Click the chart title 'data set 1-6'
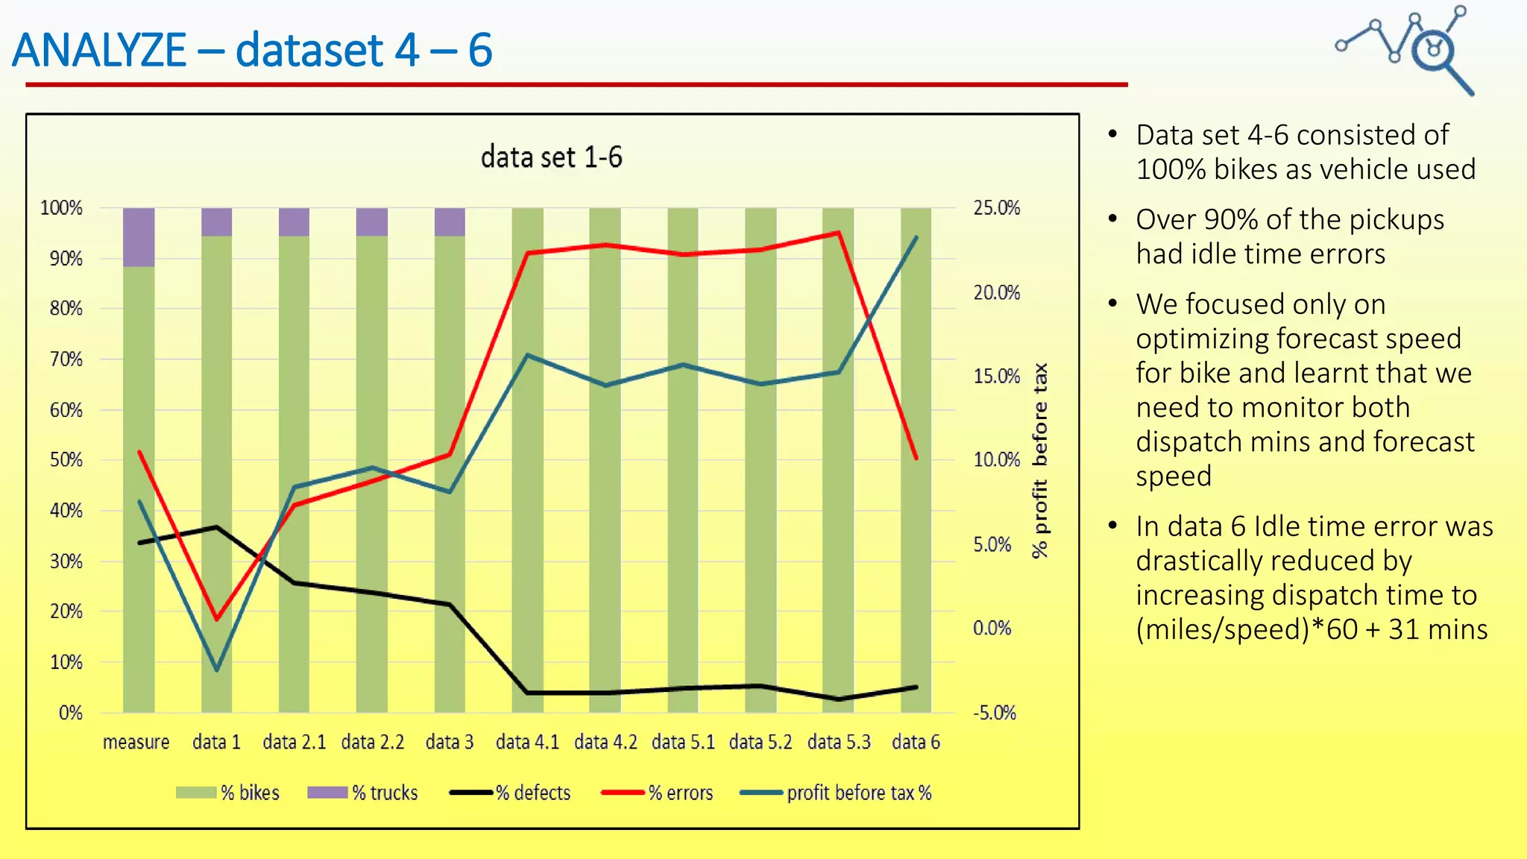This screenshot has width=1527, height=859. point(551,157)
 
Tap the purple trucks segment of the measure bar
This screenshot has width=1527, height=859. point(139,236)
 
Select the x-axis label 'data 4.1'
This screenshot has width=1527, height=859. point(527,742)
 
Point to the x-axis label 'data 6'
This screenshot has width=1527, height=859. point(916,742)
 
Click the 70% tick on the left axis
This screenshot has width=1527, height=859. point(66,359)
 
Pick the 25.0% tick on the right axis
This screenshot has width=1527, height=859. point(996,208)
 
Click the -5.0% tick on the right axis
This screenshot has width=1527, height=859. point(995,713)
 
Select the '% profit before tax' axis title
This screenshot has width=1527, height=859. point(1040,461)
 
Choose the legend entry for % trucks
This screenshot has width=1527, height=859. point(363,793)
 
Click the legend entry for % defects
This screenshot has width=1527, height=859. point(511,793)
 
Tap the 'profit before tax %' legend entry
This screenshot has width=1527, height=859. point(836,793)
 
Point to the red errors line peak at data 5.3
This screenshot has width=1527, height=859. point(839,233)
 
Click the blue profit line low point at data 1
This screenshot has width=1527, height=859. point(217,670)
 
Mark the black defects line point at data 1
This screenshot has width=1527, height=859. point(217,527)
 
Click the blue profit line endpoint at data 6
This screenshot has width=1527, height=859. point(916,237)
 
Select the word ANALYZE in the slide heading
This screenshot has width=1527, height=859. point(99,50)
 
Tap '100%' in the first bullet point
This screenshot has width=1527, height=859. point(1171,169)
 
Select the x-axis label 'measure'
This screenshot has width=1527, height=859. point(136,742)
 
